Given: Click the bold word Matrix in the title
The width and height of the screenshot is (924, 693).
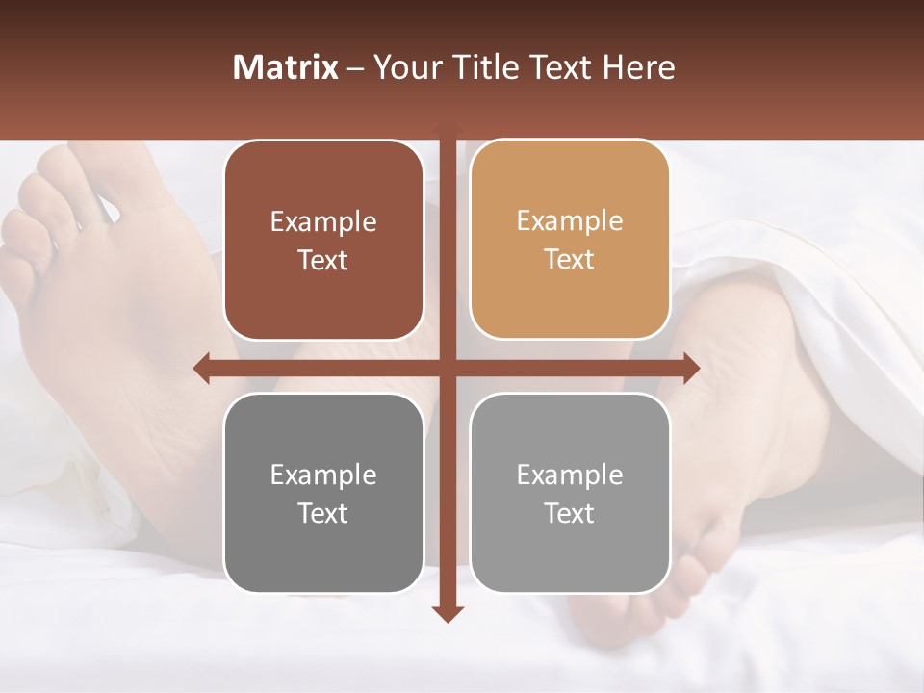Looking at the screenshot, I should [x=286, y=67].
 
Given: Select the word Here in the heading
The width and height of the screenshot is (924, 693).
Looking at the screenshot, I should [x=638, y=67].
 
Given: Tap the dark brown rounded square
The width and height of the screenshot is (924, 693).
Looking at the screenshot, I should [x=323, y=241].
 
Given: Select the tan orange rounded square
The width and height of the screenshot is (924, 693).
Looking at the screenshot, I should [x=570, y=240].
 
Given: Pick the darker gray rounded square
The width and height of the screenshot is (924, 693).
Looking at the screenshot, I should [x=323, y=494].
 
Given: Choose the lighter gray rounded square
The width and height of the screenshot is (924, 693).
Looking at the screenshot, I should [x=570, y=494].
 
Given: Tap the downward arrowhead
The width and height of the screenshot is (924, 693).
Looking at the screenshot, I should [x=447, y=613].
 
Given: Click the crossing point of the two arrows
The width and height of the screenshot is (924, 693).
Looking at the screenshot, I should [x=447, y=368].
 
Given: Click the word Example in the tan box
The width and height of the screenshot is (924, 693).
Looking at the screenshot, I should [x=570, y=220].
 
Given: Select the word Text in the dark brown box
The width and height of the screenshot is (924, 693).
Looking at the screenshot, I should [x=323, y=261].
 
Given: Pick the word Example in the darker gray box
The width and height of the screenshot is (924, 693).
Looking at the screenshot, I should [x=323, y=475].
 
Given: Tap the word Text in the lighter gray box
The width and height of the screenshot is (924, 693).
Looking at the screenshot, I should [x=570, y=514].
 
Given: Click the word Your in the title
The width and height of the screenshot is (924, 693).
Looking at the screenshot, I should [x=404, y=67].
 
